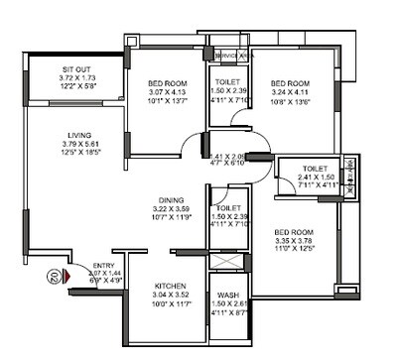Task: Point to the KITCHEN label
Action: tap(166, 285)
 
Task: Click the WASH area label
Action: tap(227, 296)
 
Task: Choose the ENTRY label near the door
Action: tap(103, 266)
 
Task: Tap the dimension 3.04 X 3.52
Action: tap(165, 295)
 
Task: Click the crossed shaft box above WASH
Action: tap(227, 263)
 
